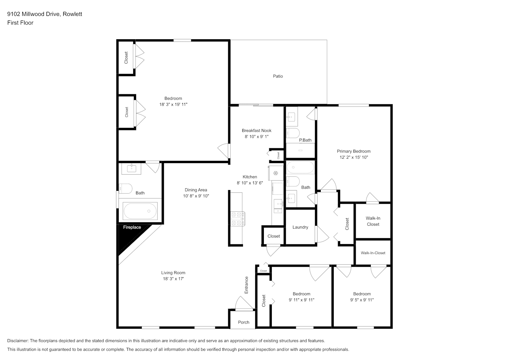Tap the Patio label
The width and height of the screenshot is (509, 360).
pos(278,76)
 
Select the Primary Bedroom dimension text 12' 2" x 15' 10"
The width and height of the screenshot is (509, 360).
pos(353,157)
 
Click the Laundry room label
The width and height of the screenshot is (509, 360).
pos(300,227)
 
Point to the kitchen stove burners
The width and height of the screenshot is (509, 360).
pos(237,219)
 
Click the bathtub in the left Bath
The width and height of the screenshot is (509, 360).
pos(140,211)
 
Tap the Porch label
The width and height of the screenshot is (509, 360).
pos(244,322)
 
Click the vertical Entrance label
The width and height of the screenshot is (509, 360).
pos(246,285)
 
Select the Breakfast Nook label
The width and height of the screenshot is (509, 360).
pos(257,130)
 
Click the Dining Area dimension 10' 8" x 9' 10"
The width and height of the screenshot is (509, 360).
pos(196,196)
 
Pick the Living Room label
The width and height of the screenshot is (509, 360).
pos(173,273)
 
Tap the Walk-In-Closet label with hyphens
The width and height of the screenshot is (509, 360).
pos(373,253)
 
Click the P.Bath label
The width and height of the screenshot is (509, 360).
pos(305,140)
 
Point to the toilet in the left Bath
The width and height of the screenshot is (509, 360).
pos(125,189)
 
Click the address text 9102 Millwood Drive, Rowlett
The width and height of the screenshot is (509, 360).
pos(45,14)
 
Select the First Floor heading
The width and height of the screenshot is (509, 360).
pos(20,23)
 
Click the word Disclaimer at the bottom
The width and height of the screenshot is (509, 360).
pos(18,341)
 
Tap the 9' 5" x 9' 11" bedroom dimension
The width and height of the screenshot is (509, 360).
pos(362,300)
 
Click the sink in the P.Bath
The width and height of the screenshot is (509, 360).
pos(292,116)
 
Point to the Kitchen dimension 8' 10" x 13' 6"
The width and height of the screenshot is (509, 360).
pos(250,183)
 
